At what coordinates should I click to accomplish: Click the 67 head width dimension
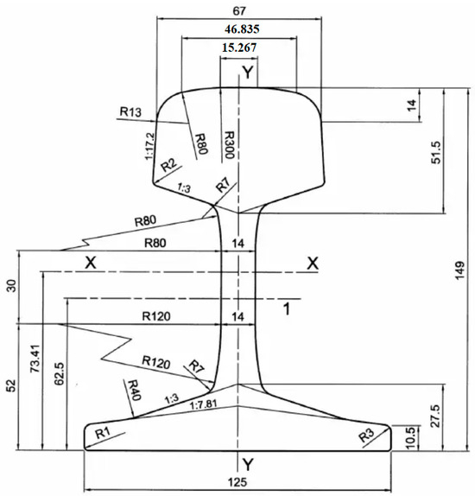point(239,11)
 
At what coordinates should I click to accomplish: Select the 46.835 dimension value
point(242,29)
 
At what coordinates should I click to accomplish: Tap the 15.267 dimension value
point(239,48)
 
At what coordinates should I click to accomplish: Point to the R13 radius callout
point(130,112)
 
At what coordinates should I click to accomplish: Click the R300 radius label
point(228,145)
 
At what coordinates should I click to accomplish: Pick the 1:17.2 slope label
point(150,146)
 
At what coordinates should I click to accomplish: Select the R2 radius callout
point(168,165)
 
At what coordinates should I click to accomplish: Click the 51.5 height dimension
point(436,152)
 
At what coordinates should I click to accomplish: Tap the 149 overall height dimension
point(459,270)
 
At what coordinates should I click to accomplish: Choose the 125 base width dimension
point(237,482)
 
